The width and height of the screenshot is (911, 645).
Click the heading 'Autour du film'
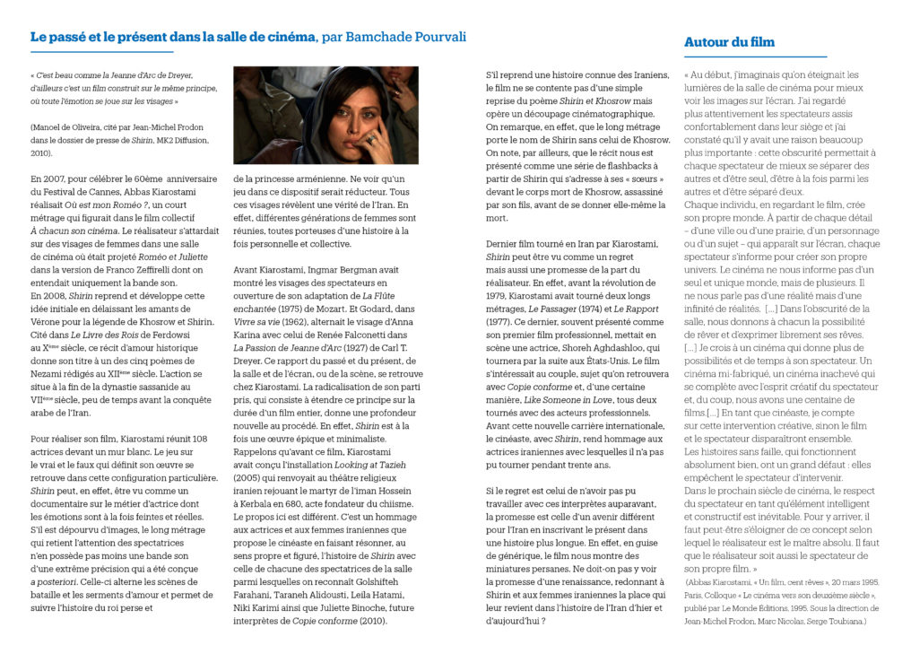pos(729,42)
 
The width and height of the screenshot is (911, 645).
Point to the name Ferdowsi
pos(179,335)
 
